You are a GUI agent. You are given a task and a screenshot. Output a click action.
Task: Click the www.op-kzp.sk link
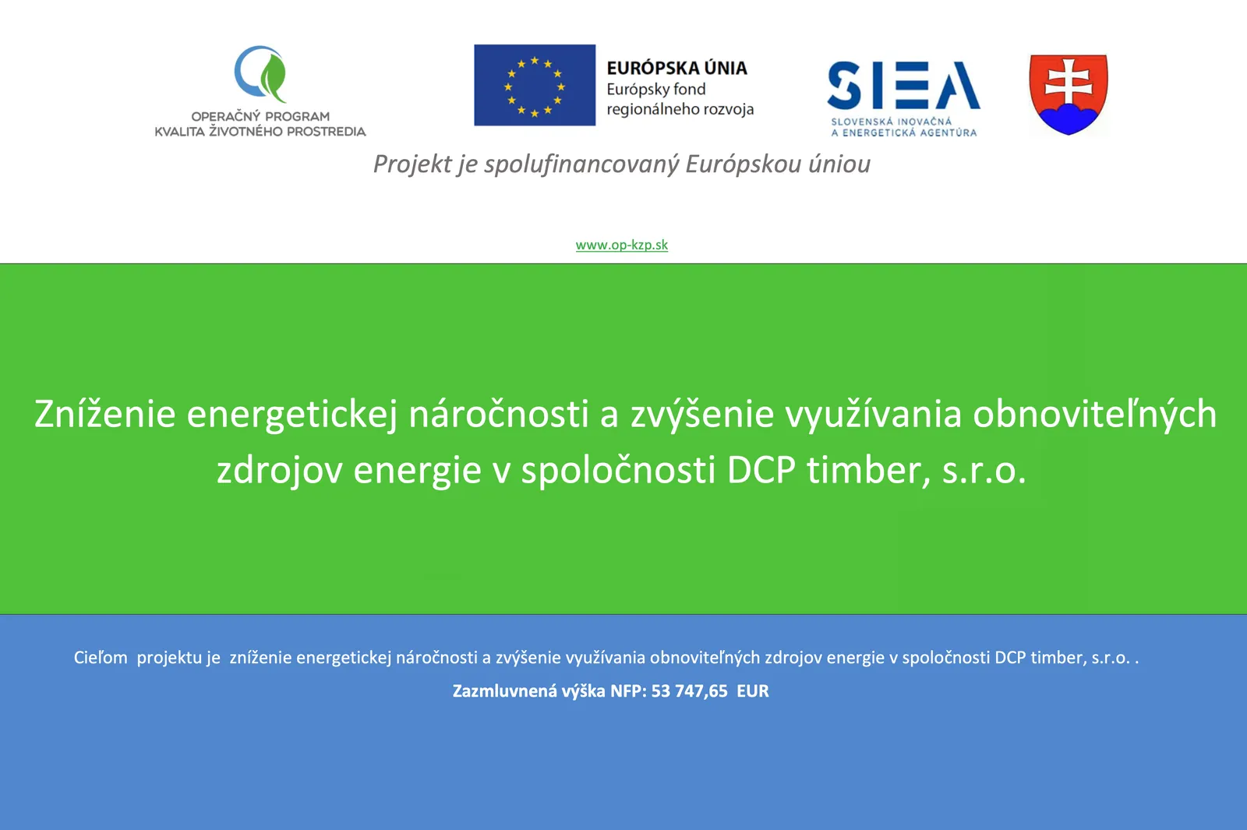point(622,245)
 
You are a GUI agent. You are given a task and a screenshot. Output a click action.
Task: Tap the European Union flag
point(535,85)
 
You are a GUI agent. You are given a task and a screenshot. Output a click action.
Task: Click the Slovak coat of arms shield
point(1069,94)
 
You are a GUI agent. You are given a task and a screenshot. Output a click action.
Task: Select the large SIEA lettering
point(903,85)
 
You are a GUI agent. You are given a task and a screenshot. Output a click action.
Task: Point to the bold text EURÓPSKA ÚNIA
point(677,68)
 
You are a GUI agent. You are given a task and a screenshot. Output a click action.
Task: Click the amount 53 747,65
point(689,690)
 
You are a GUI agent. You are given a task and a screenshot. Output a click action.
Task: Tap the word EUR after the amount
point(753,690)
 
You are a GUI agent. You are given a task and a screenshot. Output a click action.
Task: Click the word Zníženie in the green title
point(105,414)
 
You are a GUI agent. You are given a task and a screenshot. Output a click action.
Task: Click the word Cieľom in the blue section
point(101,658)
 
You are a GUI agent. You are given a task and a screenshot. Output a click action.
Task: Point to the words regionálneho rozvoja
point(680,109)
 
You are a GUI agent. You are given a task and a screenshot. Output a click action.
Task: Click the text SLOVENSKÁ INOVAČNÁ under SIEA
point(892,122)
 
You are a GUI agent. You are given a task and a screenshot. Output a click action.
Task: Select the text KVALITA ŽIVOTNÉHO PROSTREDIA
point(260,132)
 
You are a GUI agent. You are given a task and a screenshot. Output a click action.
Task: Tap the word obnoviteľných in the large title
point(1094,414)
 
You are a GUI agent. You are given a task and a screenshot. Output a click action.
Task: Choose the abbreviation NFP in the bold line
point(628,690)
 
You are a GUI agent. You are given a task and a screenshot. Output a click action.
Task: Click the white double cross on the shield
point(1069,83)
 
